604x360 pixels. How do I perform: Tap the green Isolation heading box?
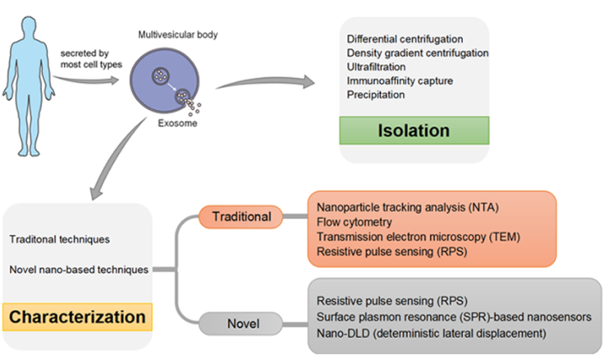[x=414, y=130]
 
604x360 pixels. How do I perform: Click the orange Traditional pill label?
[x=242, y=216]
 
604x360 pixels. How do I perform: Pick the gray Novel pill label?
[x=242, y=323]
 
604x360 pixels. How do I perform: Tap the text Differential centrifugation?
[x=405, y=39]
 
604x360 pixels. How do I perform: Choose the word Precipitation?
[x=376, y=95]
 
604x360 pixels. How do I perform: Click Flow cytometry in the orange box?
[x=354, y=221]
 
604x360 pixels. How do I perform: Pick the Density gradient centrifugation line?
[x=418, y=53]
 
